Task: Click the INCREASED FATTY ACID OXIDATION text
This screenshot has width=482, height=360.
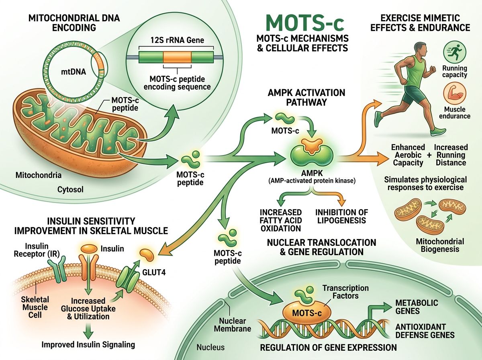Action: pos(280,220)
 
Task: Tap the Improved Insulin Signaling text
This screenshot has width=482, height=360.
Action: pos(89,344)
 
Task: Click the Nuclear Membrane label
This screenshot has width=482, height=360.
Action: pos(235,325)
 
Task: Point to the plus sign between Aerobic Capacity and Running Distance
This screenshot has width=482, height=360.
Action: pos(429,155)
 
